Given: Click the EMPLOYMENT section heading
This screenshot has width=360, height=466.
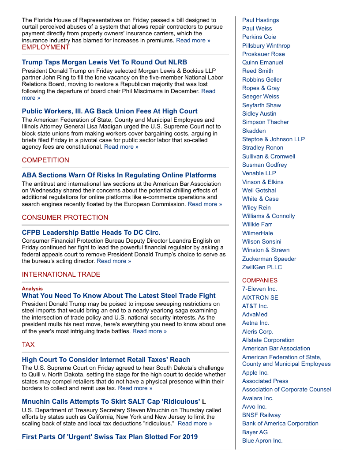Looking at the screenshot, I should tap(45, 47).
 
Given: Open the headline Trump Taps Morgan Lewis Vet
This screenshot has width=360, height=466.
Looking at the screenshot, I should tap(104, 62).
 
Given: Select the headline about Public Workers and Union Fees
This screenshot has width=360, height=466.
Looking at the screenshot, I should tap(109, 111).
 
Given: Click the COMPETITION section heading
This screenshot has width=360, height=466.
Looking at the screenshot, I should tap(45, 160).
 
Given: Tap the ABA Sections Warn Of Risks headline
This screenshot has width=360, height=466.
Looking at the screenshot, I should tap(119, 175).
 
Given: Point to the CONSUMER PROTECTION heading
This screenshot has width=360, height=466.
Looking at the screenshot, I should tap(65, 218).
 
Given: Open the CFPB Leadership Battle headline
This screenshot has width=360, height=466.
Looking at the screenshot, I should tap(91, 232).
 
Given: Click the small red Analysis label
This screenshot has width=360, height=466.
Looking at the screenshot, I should tap(32, 289).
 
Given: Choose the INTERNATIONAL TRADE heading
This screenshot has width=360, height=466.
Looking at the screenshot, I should tap(61, 274).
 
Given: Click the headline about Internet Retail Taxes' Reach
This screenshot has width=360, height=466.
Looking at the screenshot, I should tap(106, 360).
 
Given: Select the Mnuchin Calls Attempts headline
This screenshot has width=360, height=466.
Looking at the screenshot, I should tap(111, 402).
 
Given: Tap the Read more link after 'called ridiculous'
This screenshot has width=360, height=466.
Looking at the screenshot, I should tap(195, 424).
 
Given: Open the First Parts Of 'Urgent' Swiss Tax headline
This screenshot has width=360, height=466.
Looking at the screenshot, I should tap(109, 437).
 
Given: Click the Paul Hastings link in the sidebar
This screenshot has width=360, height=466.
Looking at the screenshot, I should tap(260, 20).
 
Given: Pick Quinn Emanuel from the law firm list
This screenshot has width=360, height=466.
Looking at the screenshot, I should tap(262, 63).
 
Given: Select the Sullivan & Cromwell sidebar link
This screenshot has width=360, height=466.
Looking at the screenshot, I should tap(268, 157).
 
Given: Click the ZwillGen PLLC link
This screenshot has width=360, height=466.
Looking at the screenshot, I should tap(262, 267).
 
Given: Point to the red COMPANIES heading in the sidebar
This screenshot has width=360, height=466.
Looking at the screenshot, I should tap(259, 281).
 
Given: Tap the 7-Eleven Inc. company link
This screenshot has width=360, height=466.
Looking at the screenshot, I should tap(259, 289).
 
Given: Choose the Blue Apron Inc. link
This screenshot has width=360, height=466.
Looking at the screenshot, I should tap(262, 441).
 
